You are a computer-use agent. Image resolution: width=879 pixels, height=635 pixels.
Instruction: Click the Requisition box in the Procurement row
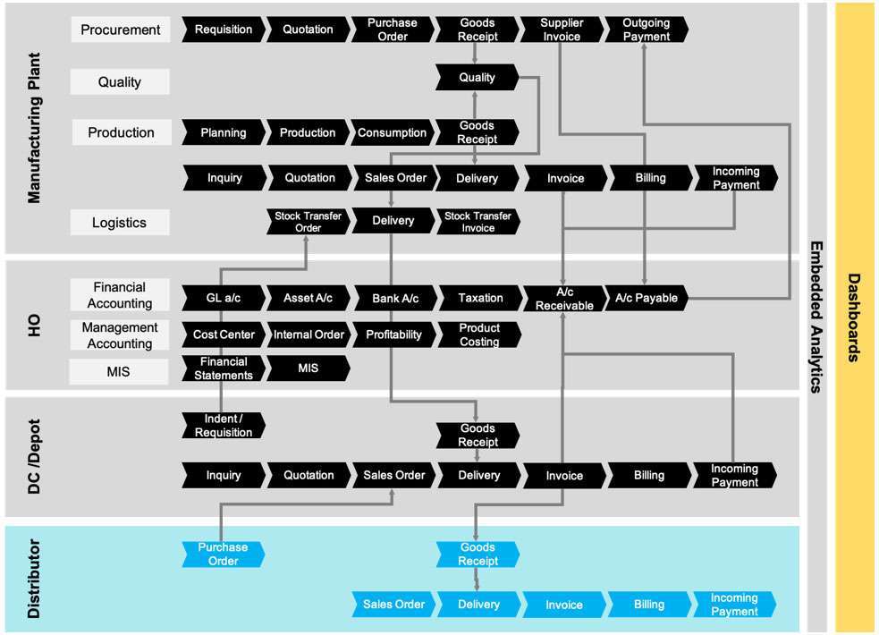click(x=224, y=30)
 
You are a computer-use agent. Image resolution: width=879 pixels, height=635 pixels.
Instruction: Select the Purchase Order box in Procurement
click(x=393, y=30)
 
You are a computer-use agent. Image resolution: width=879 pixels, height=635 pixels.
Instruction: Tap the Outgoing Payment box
click(x=646, y=30)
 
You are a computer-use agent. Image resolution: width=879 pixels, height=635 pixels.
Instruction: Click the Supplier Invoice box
click(x=561, y=30)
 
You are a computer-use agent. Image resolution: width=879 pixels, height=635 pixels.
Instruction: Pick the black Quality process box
click(x=477, y=78)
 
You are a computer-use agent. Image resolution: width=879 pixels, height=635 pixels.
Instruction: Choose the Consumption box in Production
click(x=392, y=132)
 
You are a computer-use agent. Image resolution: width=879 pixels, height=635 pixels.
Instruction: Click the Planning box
click(x=224, y=132)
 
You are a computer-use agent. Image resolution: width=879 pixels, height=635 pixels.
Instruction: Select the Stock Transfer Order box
click(x=308, y=222)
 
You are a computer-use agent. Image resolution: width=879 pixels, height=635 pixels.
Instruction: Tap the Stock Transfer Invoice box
click(x=478, y=222)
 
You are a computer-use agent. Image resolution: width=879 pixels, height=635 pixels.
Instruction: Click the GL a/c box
click(x=224, y=298)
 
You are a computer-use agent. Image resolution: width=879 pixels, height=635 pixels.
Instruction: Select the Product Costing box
click(x=479, y=334)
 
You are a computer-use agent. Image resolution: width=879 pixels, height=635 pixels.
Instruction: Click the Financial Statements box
click(x=224, y=368)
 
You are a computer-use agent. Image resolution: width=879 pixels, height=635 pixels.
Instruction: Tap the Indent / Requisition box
click(x=224, y=426)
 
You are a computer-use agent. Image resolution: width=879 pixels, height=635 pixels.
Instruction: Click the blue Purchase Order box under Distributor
click(x=224, y=555)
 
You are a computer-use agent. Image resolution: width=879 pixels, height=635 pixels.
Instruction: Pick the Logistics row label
click(x=119, y=223)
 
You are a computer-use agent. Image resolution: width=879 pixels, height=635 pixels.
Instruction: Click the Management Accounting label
click(x=120, y=335)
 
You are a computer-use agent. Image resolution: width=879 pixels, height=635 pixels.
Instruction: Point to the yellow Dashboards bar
click(x=854, y=317)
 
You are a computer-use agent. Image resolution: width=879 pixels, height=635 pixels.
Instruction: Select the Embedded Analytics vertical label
click(x=816, y=317)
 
